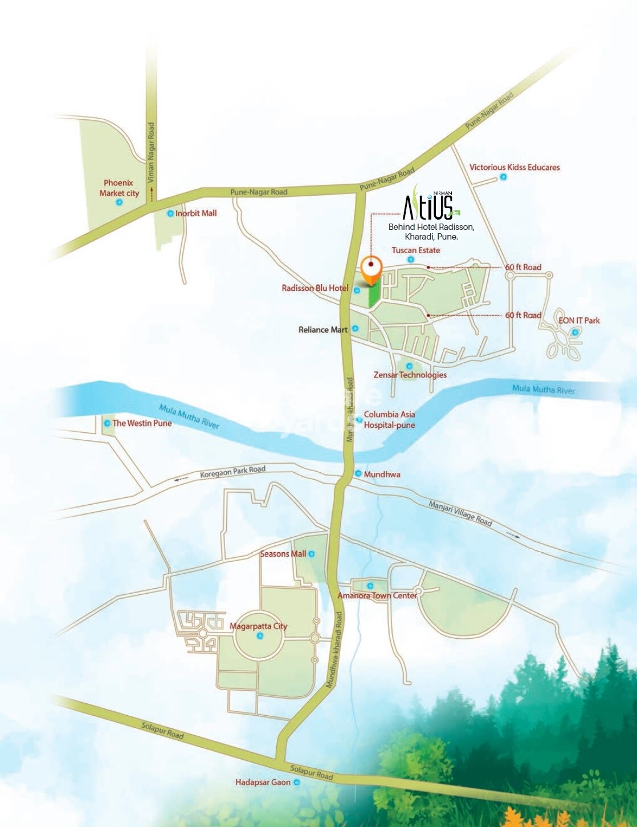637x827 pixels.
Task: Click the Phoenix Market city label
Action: click(119, 188)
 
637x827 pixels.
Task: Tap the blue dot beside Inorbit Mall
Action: click(170, 213)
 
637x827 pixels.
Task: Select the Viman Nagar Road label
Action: click(151, 152)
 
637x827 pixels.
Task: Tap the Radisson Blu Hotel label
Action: click(315, 288)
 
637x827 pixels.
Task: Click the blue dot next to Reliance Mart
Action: click(355, 329)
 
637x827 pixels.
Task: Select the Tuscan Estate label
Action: click(415, 250)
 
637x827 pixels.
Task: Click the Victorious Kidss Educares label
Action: click(514, 167)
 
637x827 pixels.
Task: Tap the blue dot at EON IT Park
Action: click(575, 332)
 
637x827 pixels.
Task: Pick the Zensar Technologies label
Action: click(410, 375)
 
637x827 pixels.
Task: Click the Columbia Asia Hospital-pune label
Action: click(389, 420)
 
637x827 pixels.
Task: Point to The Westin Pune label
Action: click(142, 423)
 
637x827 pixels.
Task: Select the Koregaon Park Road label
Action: click(232, 472)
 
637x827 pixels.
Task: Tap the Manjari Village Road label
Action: click(460, 513)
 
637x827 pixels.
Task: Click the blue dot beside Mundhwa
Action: click(358, 474)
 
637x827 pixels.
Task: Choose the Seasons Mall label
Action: click(283, 554)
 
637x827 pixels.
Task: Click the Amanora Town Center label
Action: click(377, 595)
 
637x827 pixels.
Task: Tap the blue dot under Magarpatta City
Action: click(260, 636)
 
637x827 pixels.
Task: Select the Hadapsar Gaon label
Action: click(263, 782)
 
